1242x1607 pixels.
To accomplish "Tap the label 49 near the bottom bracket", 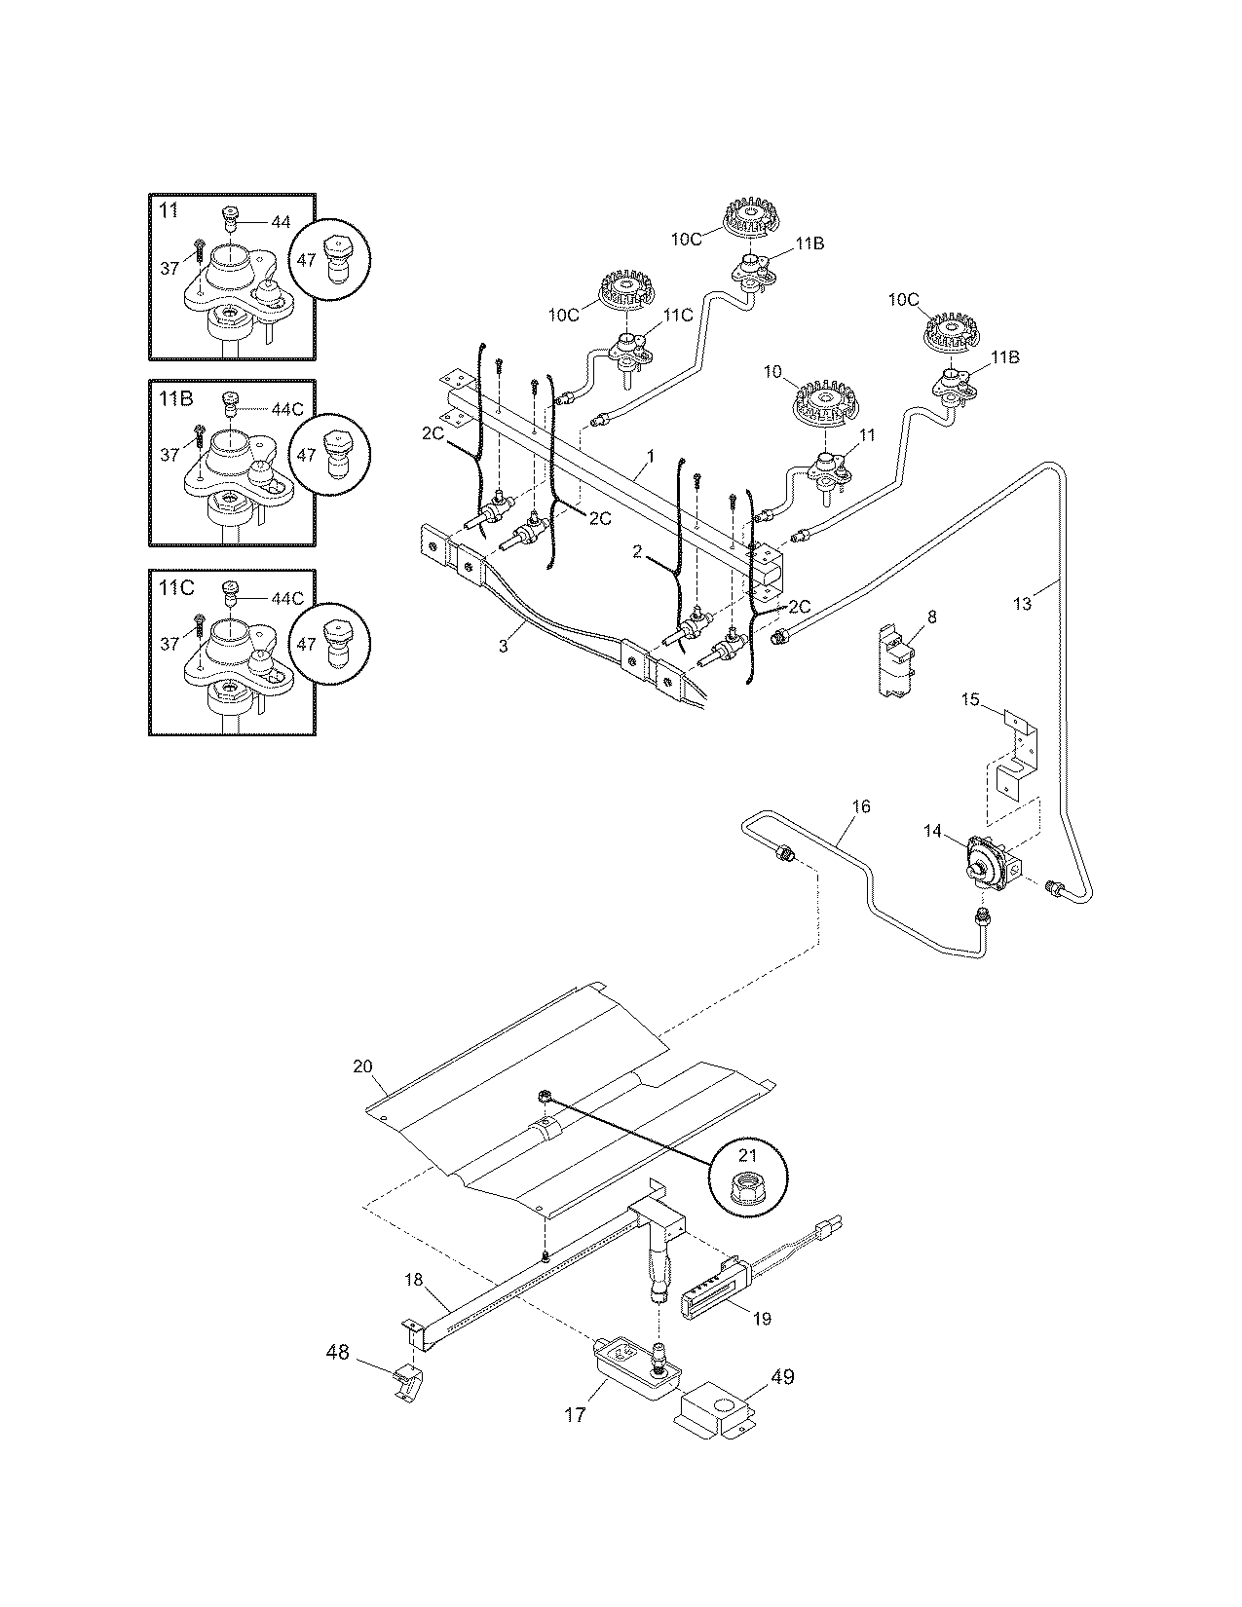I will click(x=783, y=1377).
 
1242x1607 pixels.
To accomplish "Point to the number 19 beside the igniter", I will click(x=762, y=1319).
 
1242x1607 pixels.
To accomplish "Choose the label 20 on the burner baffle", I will click(x=362, y=1066).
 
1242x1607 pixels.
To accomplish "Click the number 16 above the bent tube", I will click(x=860, y=806).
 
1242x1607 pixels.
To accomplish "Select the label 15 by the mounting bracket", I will click(x=970, y=699).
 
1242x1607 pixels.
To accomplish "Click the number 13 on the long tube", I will click(x=1022, y=604).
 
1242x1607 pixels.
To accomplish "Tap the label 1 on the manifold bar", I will click(x=650, y=456).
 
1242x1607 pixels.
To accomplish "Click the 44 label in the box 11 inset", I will click(x=280, y=223).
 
